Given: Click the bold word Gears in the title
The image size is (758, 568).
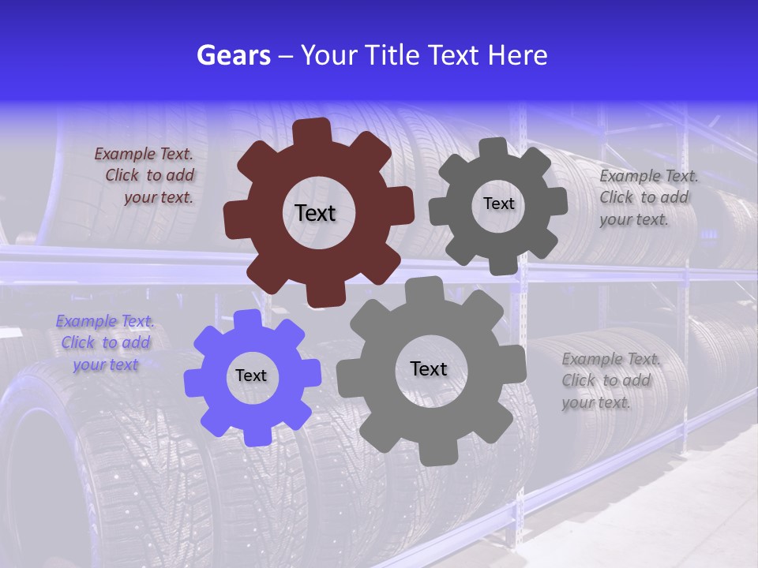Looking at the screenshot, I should [233, 55].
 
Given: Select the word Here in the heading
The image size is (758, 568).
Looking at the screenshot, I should [517, 55].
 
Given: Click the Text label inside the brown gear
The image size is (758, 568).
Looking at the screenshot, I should [315, 213].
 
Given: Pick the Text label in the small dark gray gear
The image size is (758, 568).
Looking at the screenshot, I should [498, 204].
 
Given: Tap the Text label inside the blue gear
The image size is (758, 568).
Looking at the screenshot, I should [251, 376].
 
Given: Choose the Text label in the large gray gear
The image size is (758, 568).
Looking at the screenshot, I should [429, 368].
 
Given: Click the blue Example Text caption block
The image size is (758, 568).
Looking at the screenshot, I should [106, 342].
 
